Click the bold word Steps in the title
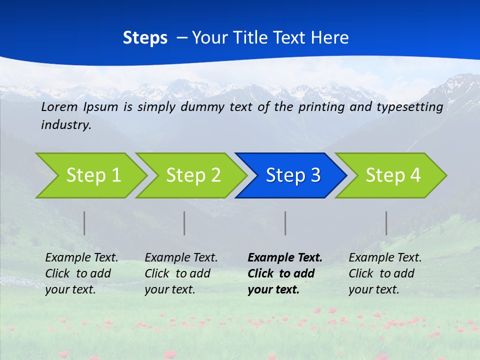pyautogui.click(x=145, y=38)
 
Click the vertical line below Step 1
pyautogui.click(x=84, y=223)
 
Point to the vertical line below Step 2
pyautogui.click(x=184, y=223)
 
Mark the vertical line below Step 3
pyautogui.click(x=285, y=223)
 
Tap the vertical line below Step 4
pyautogui.click(x=386, y=223)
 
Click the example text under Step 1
pyautogui.click(x=81, y=273)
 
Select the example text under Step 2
pyautogui.click(x=181, y=273)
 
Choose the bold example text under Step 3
pyautogui.click(x=285, y=273)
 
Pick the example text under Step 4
pyautogui.click(x=385, y=273)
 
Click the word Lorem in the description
pyautogui.click(x=59, y=106)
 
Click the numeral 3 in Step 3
pyautogui.click(x=315, y=175)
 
